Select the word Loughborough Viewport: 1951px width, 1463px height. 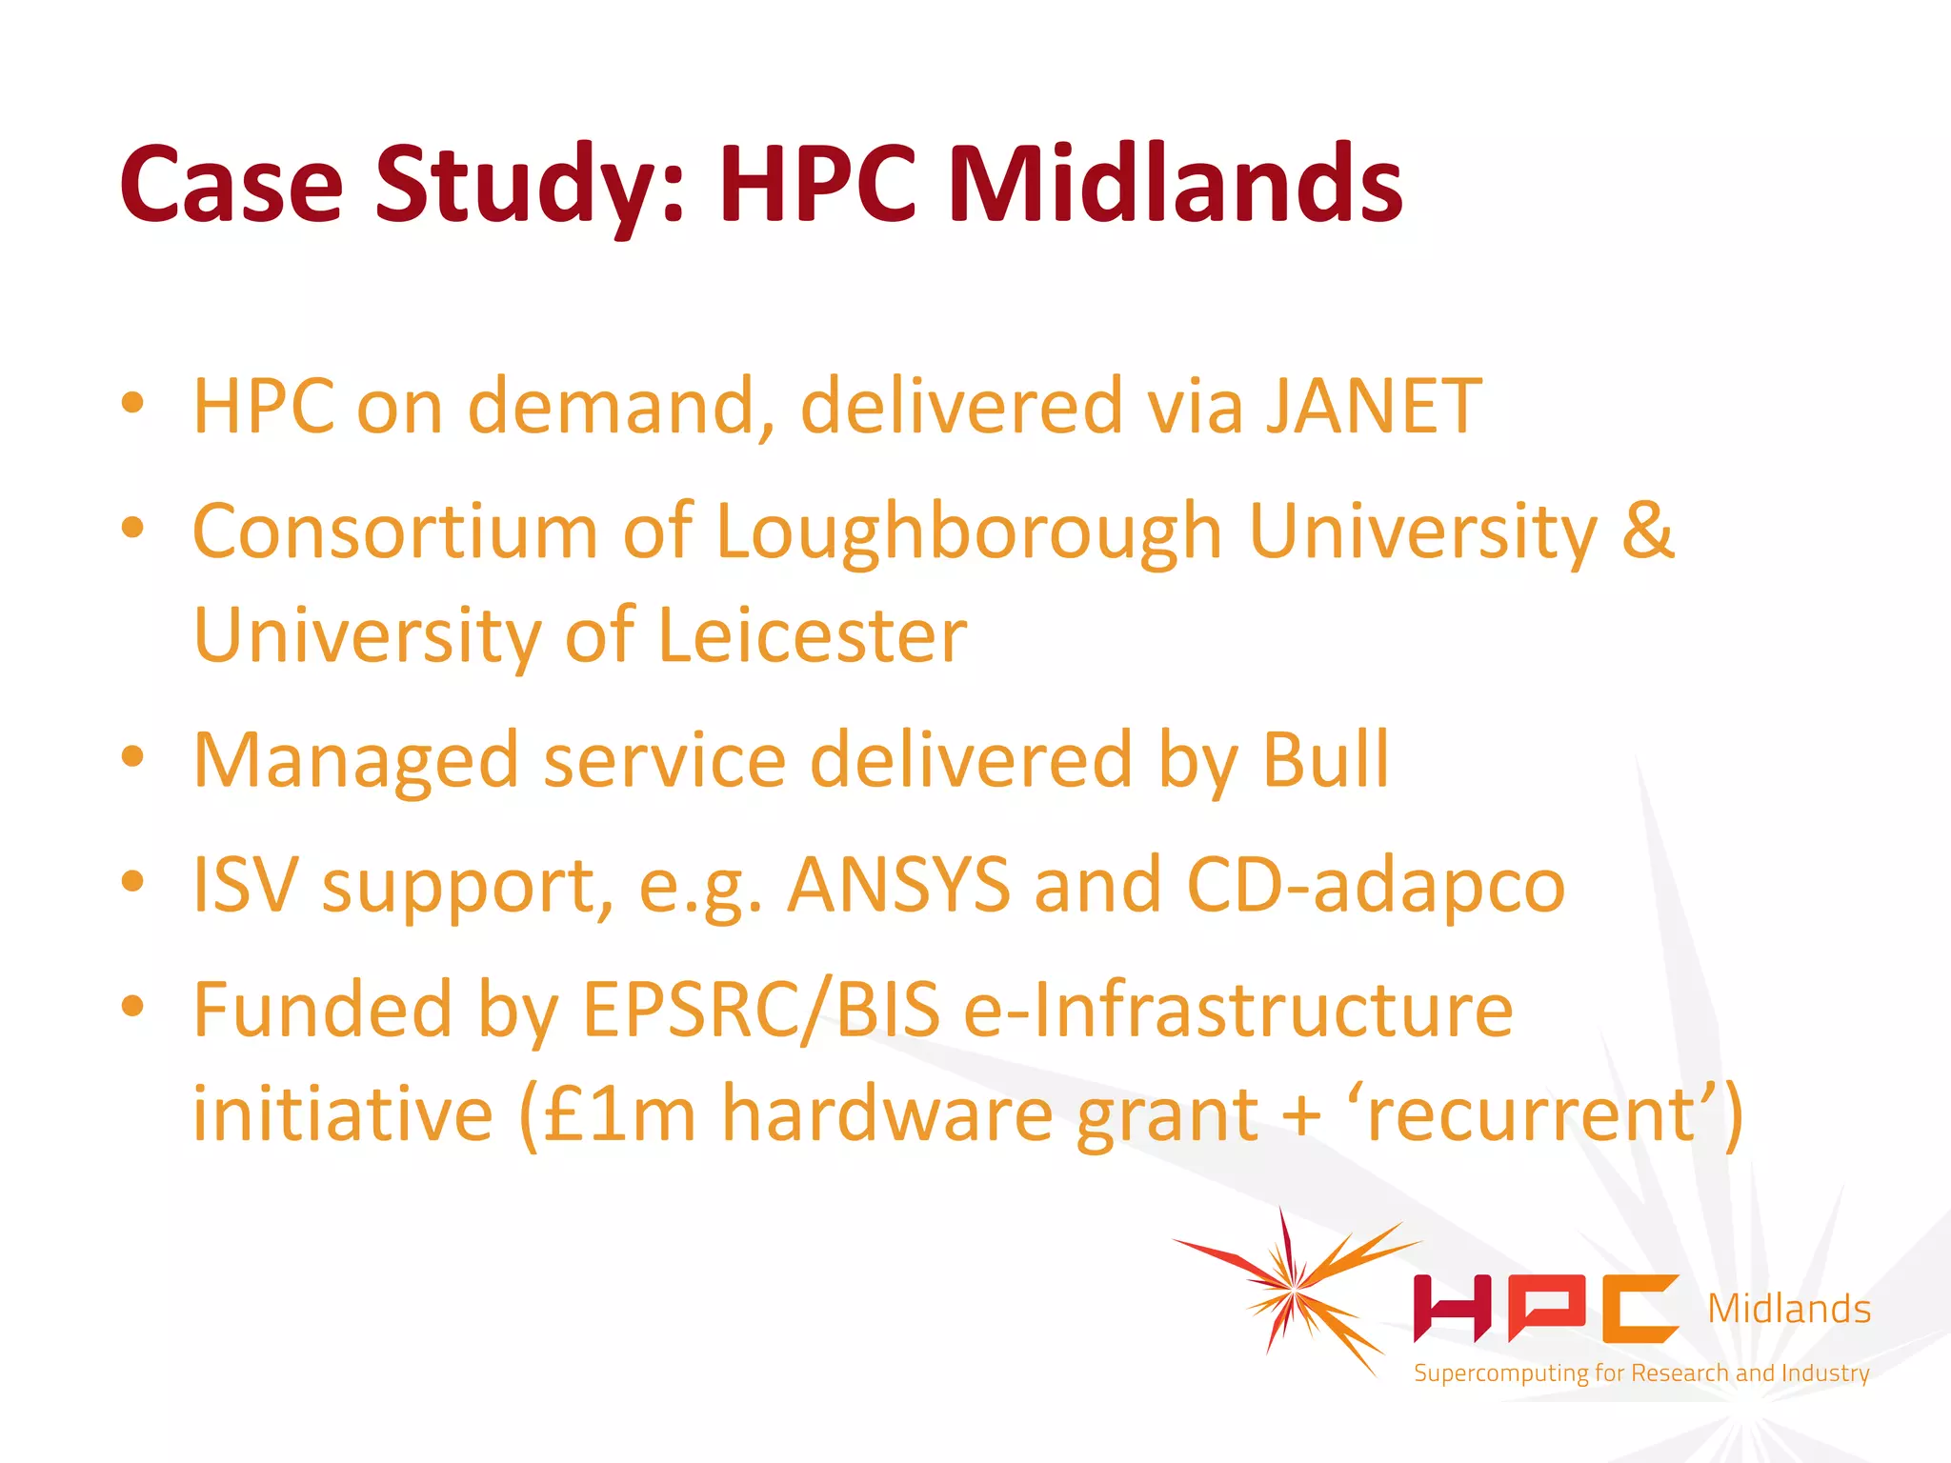969,532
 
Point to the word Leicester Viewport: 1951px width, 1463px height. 813,635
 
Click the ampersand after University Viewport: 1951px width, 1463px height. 1647,531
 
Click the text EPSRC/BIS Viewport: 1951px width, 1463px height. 761,1010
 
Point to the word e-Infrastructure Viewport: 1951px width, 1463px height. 1237,1010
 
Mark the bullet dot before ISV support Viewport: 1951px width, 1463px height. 132,881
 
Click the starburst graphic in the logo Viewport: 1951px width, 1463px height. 1294,1291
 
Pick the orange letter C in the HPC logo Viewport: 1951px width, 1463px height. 1639,1308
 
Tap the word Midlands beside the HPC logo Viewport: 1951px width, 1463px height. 1789,1310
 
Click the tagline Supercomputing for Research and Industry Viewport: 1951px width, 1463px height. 1641,1373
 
